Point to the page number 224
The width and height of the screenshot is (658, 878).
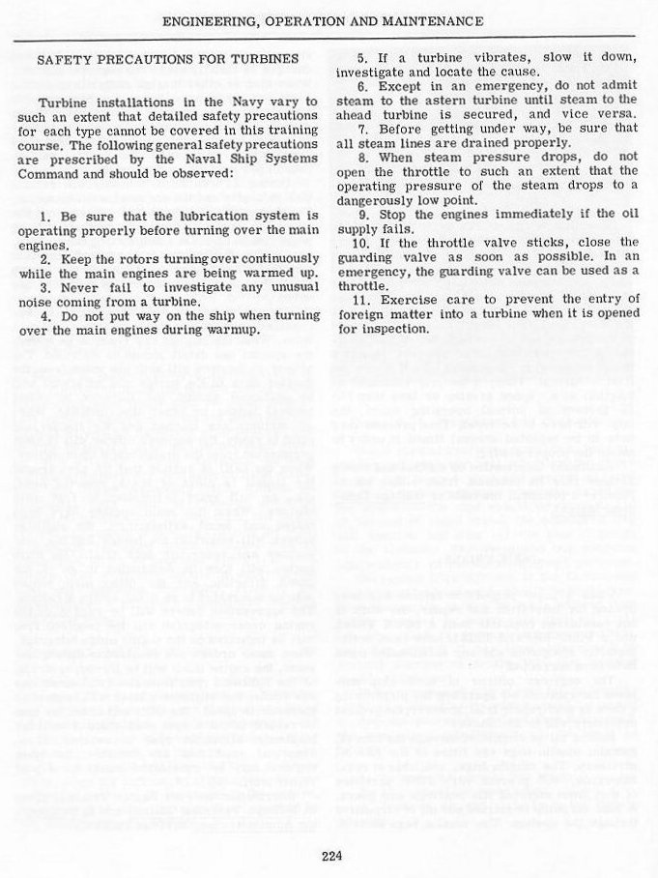pyautogui.click(x=329, y=854)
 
